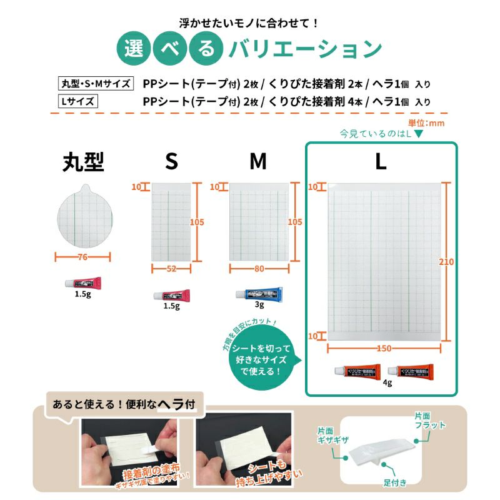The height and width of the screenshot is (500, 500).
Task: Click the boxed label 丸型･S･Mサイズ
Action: tap(94, 84)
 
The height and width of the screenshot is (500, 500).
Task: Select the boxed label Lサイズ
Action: tap(77, 101)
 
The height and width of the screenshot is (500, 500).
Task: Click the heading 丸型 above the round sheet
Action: tap(83, 162)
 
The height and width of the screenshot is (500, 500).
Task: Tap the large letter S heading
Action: tap(171, 162)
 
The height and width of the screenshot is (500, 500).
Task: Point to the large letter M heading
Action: tap(258, 162)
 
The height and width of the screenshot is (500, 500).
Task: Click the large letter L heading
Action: tap(381, 162)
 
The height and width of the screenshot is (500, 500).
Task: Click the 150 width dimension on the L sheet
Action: tap(384, 347)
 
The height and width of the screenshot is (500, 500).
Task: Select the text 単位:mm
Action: tap(426, 123)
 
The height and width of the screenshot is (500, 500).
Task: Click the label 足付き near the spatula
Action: tap(396, 482)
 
